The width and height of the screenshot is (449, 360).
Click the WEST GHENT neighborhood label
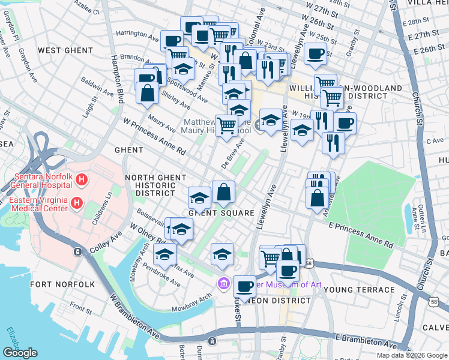tap(60, 50)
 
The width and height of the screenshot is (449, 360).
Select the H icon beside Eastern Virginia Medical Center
tap(76, 203)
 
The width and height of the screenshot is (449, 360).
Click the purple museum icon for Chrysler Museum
tap(224, 283)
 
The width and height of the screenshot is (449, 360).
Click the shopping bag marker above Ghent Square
tap(223, 193)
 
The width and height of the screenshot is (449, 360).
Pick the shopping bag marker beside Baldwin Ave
tap(147, 93)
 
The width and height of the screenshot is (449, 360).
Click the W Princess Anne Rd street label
tap(154, 138)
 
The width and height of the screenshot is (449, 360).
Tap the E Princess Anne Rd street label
tap(360, 235)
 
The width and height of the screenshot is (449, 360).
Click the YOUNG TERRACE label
tap(359, 290)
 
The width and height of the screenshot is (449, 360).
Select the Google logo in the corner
tap(20, 353)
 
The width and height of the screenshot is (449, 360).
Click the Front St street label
tap(80, 307)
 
